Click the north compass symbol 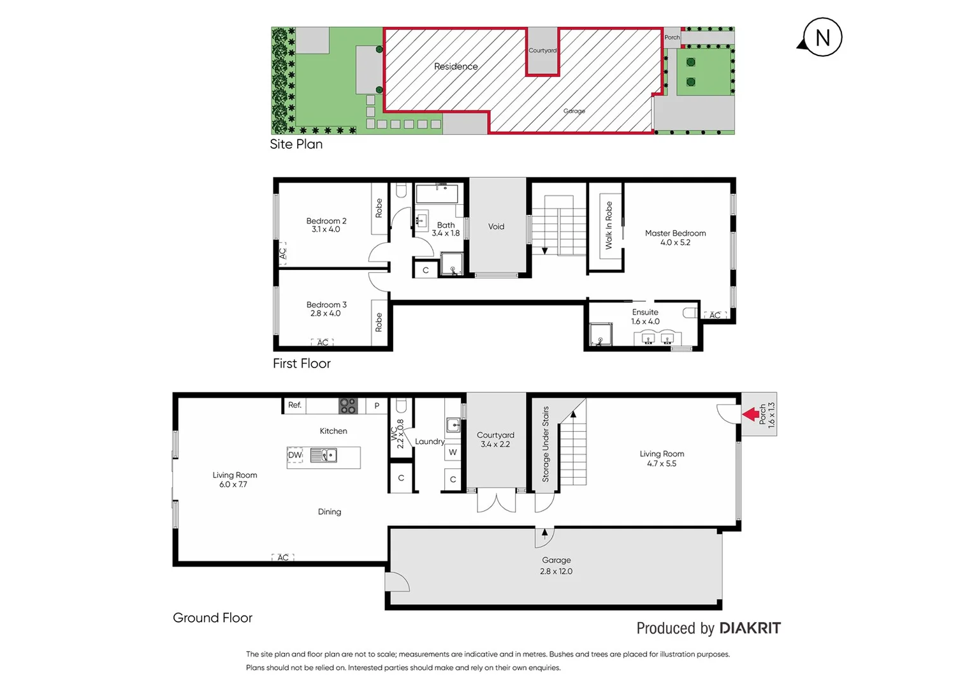(822, 38)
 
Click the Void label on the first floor (496, 226)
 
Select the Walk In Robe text (609, 225)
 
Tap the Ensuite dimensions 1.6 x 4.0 (645, 322)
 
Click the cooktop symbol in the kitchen (348, 406)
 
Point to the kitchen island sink (324, 456)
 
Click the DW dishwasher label (294, 456)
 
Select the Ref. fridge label (294, 405)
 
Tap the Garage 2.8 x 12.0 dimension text (556, 572)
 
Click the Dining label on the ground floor (330, 512)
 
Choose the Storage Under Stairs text (546, 444)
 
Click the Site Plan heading (296, 144)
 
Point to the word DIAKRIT (749, 628)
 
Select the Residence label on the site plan (456, 66)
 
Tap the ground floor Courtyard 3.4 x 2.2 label (495, 440)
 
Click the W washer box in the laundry (453, 452)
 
